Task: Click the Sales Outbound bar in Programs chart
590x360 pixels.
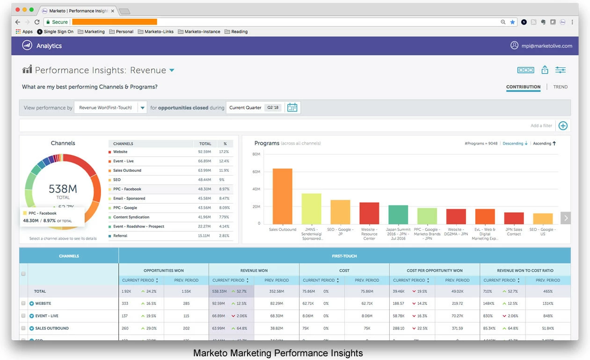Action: [x=282, y=196]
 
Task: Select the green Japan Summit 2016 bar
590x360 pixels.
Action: [x=398, y=214]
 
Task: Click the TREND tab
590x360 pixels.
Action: [x=560, y=87]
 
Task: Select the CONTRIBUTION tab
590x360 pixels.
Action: [x=523, y=87]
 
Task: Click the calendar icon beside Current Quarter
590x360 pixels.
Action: [x=292, y=108]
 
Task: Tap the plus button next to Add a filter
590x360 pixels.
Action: [x=563, y=125]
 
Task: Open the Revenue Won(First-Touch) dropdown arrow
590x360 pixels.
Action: [x=143, y=108]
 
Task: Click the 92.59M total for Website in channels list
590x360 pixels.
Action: [x=205, y=152]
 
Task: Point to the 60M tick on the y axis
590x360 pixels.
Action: [x=256, y=172]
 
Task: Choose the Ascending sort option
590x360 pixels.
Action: [x=544, y=143]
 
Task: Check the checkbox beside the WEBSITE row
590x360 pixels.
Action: [x=23, y=303]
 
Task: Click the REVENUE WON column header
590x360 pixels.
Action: [x=254, y=271]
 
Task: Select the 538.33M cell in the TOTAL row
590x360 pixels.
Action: [x=219, y=291]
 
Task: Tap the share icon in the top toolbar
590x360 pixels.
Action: [x=545, y=70]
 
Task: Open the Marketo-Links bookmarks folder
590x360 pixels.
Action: [x=156, y=32]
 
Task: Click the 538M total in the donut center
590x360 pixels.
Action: [x=63, y=189]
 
